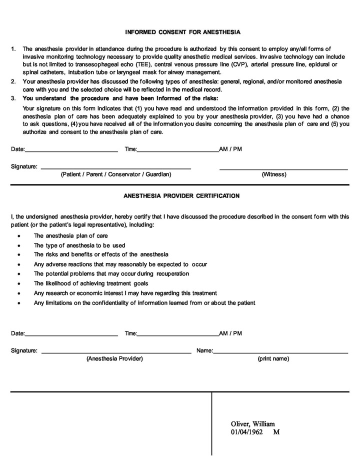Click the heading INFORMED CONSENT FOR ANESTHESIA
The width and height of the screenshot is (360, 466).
tap(182, 32)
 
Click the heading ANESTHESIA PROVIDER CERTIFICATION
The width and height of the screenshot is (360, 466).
tap(181, 195)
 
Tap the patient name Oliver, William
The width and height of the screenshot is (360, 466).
tap(252, 423)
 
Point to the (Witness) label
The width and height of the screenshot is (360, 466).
tap(274, 174)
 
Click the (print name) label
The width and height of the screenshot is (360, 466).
tap(273, 358)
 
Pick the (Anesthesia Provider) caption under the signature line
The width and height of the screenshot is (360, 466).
tap(114, 358)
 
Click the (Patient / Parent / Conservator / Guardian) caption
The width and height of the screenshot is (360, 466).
tap(116, 174)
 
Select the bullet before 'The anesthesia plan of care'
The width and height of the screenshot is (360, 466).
tap(19, 236)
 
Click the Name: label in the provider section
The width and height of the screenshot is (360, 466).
tap(204, 350)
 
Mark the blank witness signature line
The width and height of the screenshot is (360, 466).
tap(283, 169)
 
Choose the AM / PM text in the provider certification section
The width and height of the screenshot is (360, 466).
tap(230, 333)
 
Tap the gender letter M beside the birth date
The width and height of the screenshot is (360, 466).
tap(276, 431)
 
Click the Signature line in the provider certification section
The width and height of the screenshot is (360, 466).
tap(116, 353)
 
